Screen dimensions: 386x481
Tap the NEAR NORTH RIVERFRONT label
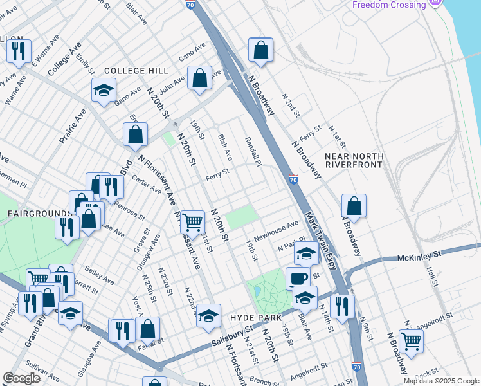[x=354, y=160]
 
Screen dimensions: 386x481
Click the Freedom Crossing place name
[x=389, y=5]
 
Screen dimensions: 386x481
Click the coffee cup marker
[x=297, y=278]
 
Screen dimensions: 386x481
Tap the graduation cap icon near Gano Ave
[x=103, y=91]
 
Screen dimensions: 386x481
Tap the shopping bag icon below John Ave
[x=200, y=78]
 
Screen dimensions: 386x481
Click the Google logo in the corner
[x=21, y=378]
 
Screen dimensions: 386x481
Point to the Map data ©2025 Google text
[x=441, y=380]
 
